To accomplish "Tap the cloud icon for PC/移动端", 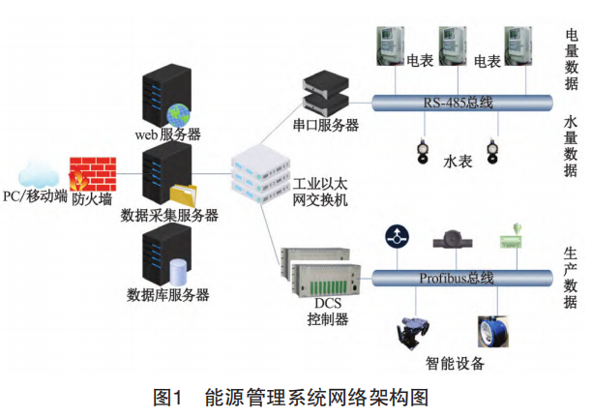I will pyautogui.click(x=37, y=173).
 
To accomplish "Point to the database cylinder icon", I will pyautogui.click(x=178, y=271).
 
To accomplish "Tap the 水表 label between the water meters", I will pyautogui.click(x=456, y=156).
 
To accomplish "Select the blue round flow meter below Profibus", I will pyautogui.click(x=490, y=331).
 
